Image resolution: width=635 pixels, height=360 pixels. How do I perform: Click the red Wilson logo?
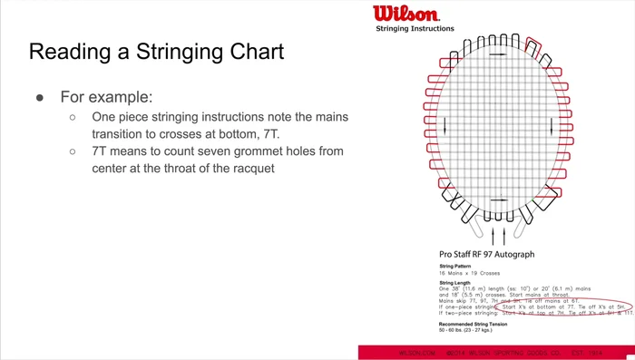(405, 15)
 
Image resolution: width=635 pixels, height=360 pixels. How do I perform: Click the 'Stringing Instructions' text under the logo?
(415, 29)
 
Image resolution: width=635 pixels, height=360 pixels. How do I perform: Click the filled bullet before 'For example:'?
(41, 96)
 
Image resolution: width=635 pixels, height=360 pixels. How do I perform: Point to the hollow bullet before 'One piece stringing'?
(73, 118)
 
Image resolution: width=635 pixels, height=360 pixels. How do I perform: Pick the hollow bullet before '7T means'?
(73, 151)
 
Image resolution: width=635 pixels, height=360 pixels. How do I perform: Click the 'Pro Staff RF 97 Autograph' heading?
(486, 255)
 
